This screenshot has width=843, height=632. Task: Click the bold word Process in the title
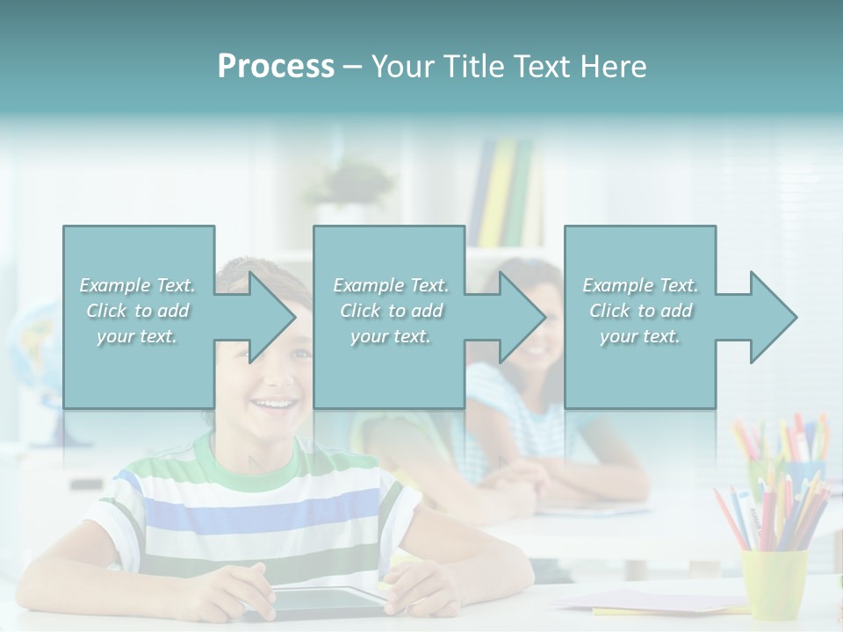[x=276, y=67]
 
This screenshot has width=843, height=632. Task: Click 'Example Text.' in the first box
[x=138, y=285]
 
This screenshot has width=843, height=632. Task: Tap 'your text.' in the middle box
[x=390, y=336]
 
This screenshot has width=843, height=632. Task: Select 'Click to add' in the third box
[x=640, y=311]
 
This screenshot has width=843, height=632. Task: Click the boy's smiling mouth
[x=273, y=405]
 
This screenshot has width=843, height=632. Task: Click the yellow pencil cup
[x=774, y=583]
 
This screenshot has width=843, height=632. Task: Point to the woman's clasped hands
[x=518, y=478]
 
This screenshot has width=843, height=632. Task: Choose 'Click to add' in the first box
[x=138, y=311]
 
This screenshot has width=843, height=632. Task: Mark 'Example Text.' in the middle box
[x=390, y=285]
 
